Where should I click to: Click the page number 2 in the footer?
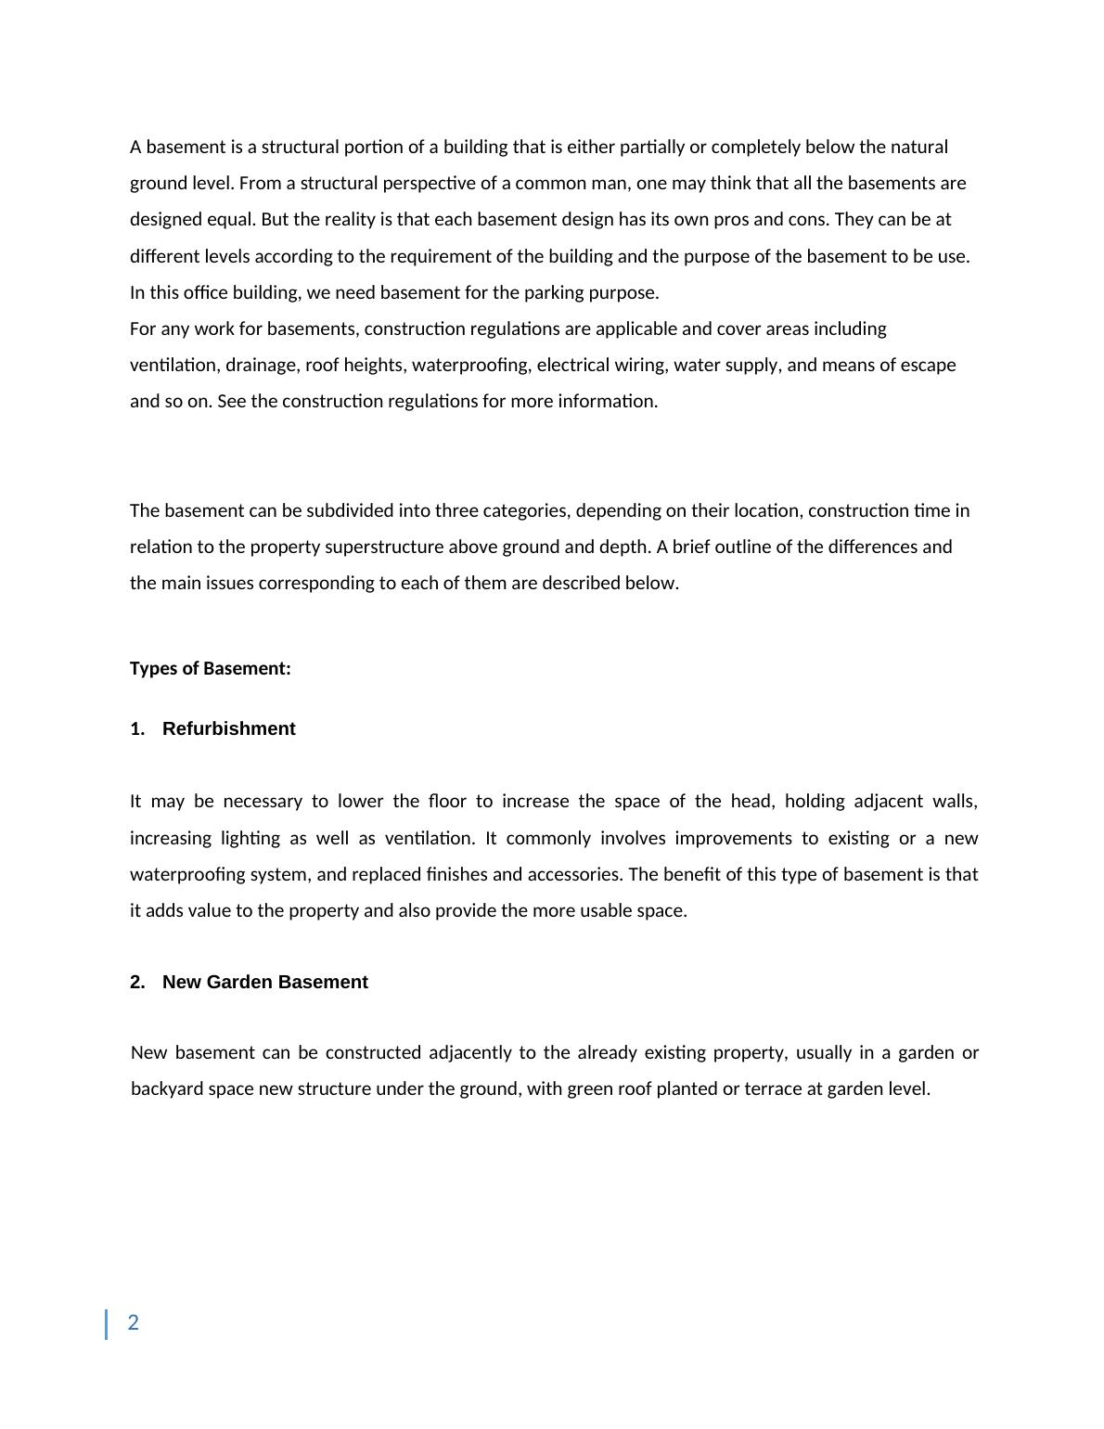134,1323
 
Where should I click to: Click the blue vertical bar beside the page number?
106,1324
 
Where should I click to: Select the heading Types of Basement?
210,669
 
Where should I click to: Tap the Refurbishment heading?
228,729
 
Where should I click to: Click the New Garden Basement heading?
264,983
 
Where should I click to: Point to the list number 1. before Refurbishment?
137,729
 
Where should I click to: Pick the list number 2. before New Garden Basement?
137,983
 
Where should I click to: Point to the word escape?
929,366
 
